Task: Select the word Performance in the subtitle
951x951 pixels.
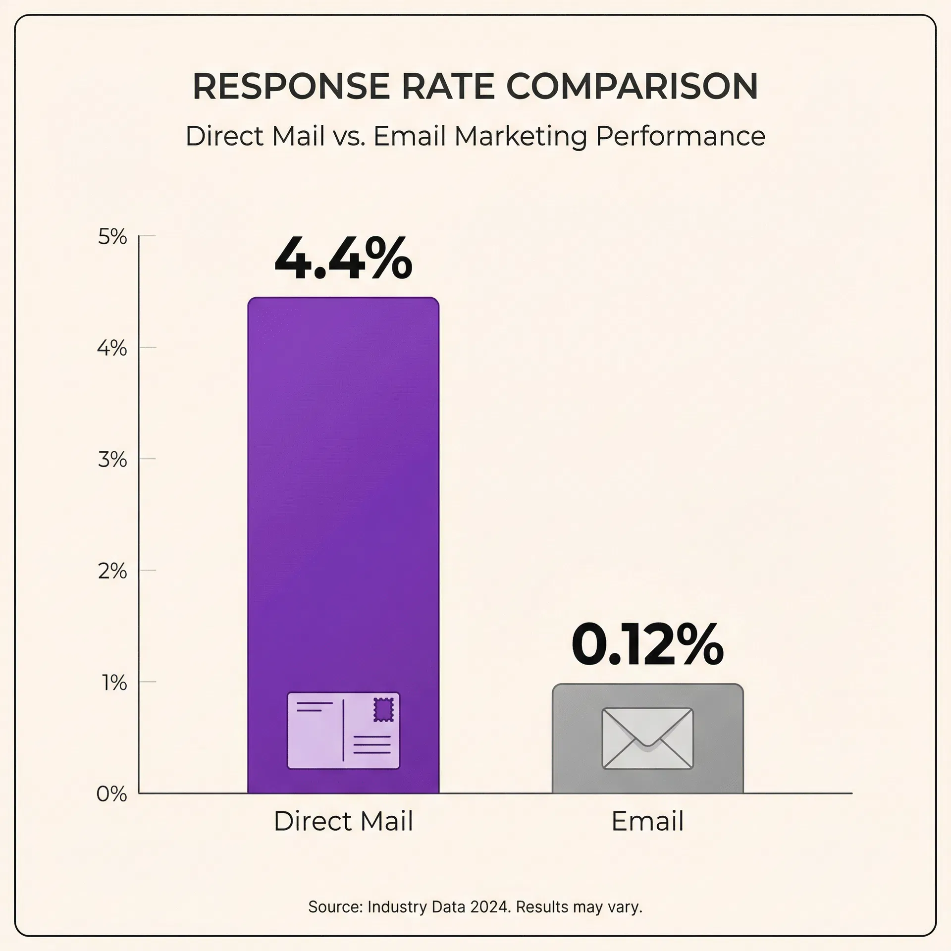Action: pyautogui.click(x=680, y=136)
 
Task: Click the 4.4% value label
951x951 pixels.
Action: pyautogui.click(x=343, y=259)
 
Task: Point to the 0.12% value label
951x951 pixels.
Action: pyautogui.click(x=647, y=645)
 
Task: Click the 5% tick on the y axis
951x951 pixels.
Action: pyautogui.click(x=112, y=237)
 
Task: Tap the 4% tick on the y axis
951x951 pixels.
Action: pyautogui.click(x=112, y=349)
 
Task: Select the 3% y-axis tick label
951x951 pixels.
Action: pyautogui.click(x=112, y=460)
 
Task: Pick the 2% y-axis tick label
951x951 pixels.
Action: pyautogui.click(x=112, y=572)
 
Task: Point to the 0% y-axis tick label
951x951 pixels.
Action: pyautogui.click(x=112, y=794)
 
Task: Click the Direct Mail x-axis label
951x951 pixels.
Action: pyautogui.click(x=343, y=821)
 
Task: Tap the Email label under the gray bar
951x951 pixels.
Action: pyautogui.click(x=647, y=821)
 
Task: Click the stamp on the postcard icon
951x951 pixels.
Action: pyautogui.click(x=383, y=710)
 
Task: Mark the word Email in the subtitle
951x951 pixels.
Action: pyautogui.click(x=409, y=136)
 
